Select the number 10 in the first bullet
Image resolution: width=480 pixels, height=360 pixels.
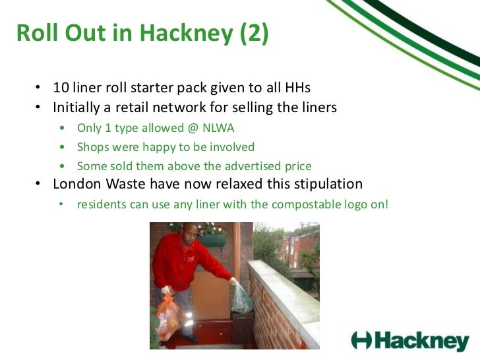click(x=61, y=88)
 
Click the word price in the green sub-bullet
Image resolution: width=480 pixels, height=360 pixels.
click(x=297, y=166)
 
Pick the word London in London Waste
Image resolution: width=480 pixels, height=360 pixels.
click(x=77, y=183)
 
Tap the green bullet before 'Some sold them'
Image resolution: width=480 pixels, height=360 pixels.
click(x=61, y=166)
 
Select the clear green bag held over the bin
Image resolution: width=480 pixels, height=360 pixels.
click(x=242, y=297)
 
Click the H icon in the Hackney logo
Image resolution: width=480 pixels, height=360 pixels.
click(x=363, y=340)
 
